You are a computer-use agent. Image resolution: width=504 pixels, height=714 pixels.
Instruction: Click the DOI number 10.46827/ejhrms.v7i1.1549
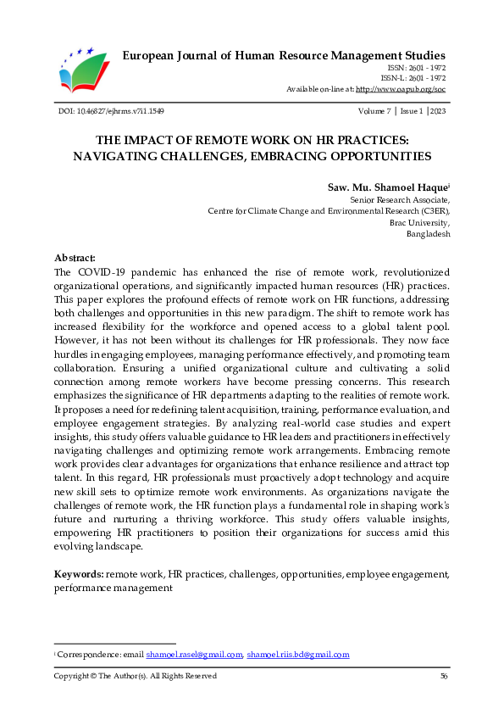click(118, 112)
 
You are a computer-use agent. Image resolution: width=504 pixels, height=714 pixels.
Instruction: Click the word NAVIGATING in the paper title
click(114, 156)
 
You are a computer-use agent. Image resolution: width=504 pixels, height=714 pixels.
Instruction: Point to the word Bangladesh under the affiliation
click(429, 233)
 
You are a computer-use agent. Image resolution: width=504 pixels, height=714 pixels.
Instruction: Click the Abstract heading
click(75, 257)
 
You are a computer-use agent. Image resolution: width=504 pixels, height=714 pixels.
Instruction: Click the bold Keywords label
click(79, 574)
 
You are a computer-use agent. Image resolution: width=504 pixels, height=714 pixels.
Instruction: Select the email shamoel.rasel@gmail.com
click(194, 655)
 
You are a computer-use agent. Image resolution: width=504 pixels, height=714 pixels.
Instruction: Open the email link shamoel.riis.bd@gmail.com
click(298, 655)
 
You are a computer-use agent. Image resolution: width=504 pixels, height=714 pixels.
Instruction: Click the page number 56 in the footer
click(444, 676)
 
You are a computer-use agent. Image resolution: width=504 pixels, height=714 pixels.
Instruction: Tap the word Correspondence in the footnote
click(83, 655)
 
